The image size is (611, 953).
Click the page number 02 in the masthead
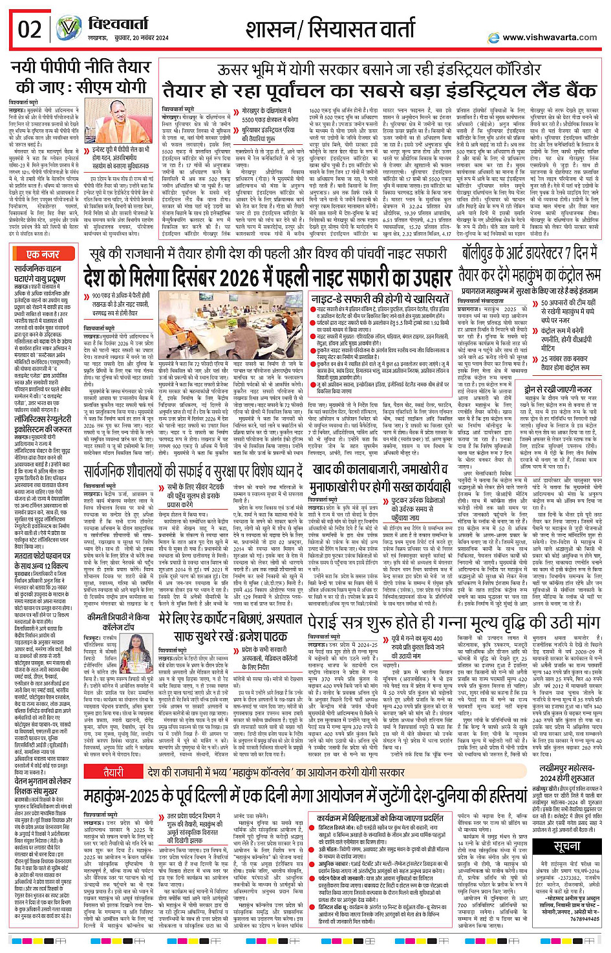pos(29,30)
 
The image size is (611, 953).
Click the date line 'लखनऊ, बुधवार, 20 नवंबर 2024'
pos(123,39)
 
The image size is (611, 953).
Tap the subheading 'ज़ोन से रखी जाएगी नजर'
pos(558,389)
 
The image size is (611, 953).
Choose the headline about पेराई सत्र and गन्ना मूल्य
pos(455,622)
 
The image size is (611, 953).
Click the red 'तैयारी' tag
pos(113,772)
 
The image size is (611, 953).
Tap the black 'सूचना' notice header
pos(567,846)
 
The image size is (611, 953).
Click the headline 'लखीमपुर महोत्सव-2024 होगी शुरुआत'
pos(567,772)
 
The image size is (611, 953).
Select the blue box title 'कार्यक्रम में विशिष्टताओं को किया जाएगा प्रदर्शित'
pos(381,817)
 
